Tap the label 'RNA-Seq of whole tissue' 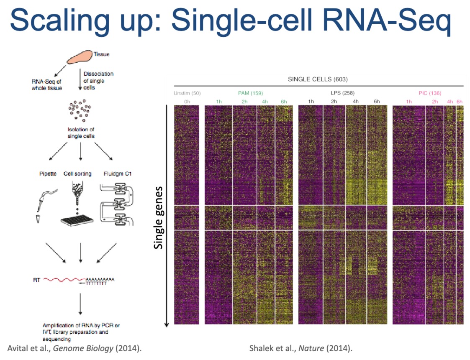pyautogui.click(x=47, y=85)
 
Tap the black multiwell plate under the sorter pyautogui.click(x=78, y=221)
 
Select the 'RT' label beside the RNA pyautogui.click(x=37, y=280)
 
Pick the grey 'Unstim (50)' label pyautogui.click(x=187, y=93)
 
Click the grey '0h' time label pyautogui.click(x=187, y=102)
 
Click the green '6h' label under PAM pyautogui.click(x=284, y=102)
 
